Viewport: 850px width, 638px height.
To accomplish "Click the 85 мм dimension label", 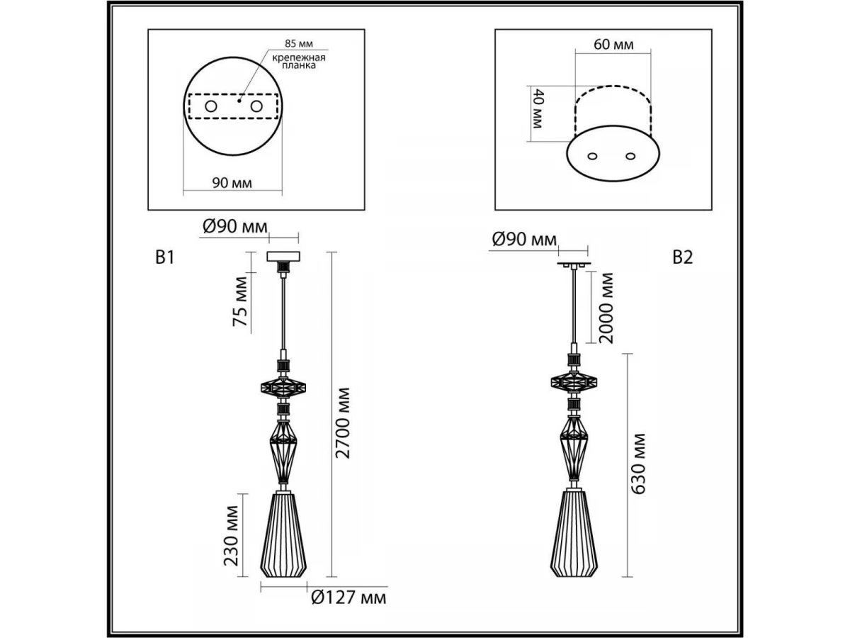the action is click(299, 43).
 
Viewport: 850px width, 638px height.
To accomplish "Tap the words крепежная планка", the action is click(299, 62).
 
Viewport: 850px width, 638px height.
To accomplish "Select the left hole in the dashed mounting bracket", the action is click(211, 106).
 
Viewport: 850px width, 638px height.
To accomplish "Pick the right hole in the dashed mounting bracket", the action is click(256, 106).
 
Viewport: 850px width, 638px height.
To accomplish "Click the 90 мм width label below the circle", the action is click(232, 182).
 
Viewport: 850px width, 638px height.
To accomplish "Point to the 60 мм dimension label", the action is click(614, 45).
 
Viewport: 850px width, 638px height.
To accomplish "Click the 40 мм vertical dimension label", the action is click(538, 108).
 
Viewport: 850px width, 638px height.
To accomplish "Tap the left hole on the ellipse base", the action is click(592, 157).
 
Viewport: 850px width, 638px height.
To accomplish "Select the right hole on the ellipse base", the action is click(630, 156).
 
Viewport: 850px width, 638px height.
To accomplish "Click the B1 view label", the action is click(165, 257).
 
